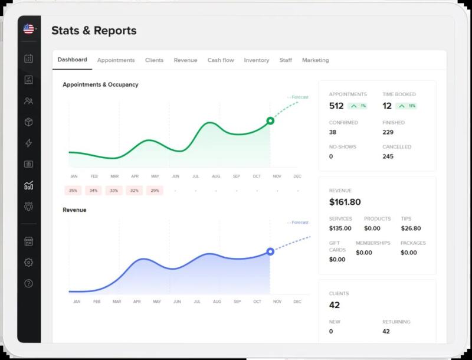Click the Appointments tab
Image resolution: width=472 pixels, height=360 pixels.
(116, 60)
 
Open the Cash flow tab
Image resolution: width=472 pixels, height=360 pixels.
(221, 60)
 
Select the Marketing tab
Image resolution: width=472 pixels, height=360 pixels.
(316, 60)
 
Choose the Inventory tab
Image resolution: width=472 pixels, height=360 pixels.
(257, 60)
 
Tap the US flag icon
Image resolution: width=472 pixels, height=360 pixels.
(28, 29)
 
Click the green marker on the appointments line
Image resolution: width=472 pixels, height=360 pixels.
(270, 121)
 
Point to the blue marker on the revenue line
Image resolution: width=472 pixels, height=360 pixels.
(270, 251)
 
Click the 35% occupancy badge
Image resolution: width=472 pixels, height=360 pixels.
(73, 191)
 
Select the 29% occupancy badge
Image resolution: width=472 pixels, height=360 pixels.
(155, 191)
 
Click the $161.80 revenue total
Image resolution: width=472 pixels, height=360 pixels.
(345, 202)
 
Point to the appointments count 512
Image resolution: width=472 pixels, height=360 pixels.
(336, 106)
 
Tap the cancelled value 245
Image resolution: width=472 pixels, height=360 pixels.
(388, 156)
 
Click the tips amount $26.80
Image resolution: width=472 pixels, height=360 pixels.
(411, 228)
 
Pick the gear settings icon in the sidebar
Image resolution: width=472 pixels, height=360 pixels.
(28, 263)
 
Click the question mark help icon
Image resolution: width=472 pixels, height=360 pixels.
(28, 283)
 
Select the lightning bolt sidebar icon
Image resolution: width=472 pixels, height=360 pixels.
(28, 143)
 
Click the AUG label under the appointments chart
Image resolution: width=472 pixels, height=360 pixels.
(216, 176)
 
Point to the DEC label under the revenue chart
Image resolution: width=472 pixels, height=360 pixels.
(297, 302)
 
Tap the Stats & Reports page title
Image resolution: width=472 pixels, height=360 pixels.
(94, 31)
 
